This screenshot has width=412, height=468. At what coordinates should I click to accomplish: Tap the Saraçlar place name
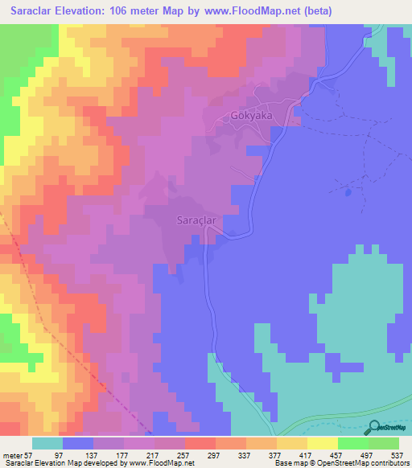coord(193,219)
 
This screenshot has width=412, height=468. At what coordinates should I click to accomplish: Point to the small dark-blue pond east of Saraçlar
coord(348,192)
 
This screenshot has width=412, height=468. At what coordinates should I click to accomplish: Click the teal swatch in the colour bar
coord(47,443)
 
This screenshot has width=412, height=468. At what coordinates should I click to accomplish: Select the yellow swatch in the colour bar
coord(323,443)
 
